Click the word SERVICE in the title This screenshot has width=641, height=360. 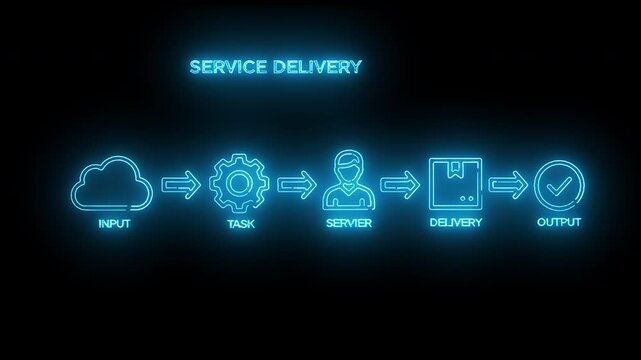point(226,68)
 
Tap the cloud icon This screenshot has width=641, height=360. point(113,182)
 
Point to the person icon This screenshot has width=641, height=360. point(349,181)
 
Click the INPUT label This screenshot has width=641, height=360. point(114,223)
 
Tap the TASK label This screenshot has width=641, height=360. point(241,223)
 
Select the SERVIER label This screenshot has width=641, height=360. point(349,223)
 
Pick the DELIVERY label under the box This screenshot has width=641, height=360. point(456,222)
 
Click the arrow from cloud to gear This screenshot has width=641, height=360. point(180,184)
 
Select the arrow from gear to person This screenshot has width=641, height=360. point(294,184)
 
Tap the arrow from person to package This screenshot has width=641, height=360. point(400,184)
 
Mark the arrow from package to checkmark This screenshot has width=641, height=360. point(508,184)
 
